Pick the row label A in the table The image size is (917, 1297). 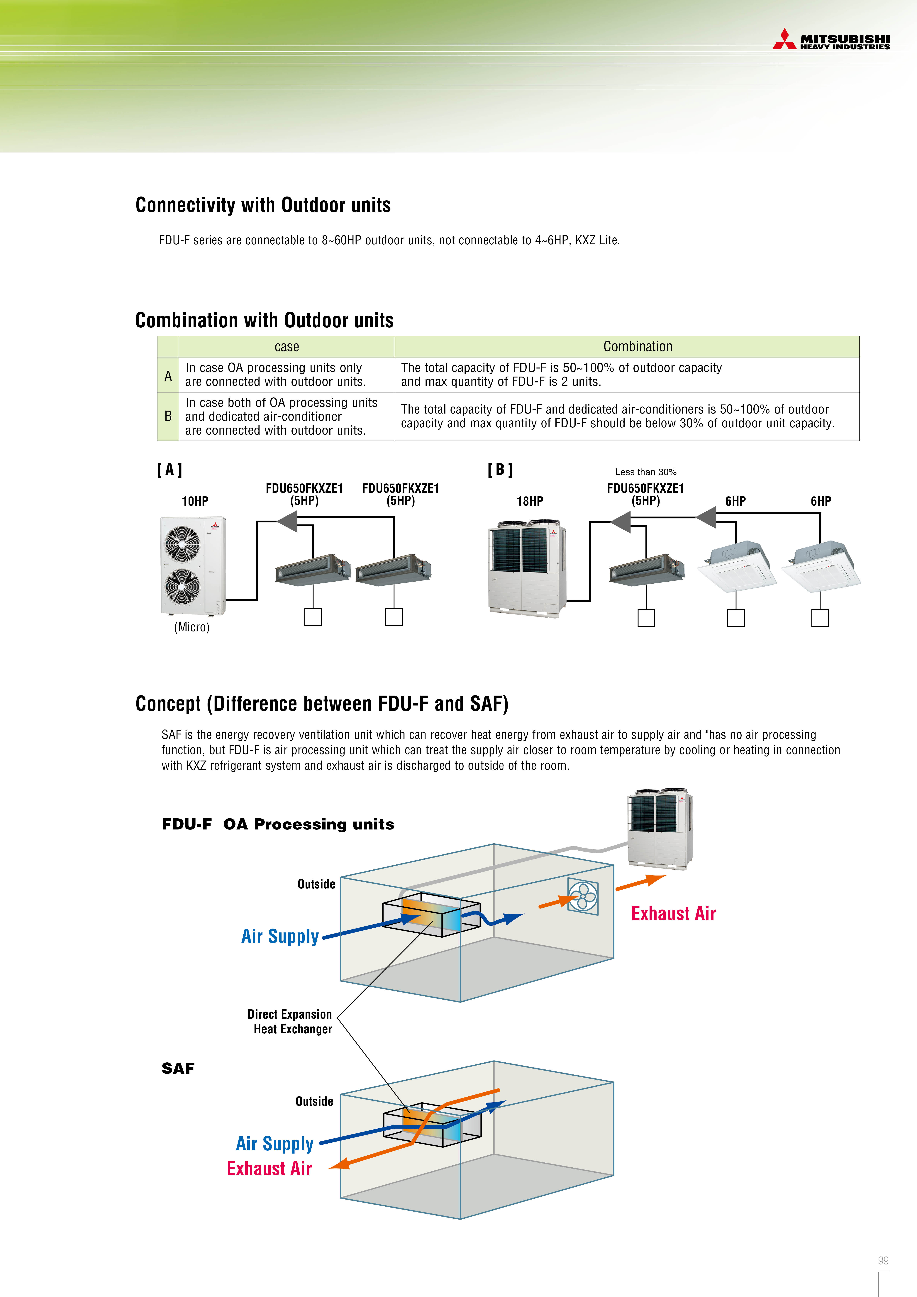pyautogui.click(x=168, y=376)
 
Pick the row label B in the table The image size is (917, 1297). pyautogui.click(x=168, y=416)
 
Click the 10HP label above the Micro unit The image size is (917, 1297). pyautogui.click(x=195, y=501)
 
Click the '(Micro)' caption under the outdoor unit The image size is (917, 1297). pyautogui.click(x=191, y=627)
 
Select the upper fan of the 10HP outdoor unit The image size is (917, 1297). pyautogui.click(x=182, y=543)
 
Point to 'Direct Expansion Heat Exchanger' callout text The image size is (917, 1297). pyautogui.click(x=290, y=1021)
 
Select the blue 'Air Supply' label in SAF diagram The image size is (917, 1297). pyautogui.click(x=275, y=1143)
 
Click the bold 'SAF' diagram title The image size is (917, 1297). pyautogui.click(x=178, y=1068)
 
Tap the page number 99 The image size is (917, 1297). pyautogui.click(x=883, y=1260)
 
